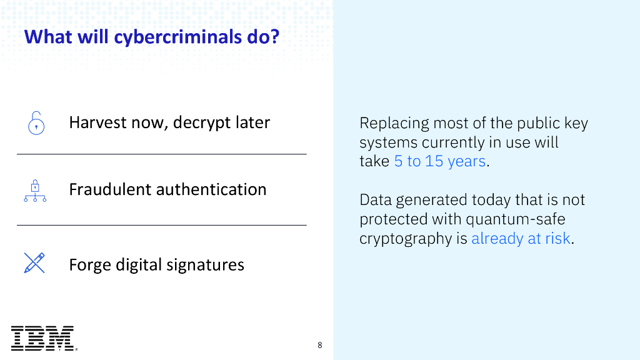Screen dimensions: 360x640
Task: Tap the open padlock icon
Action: coord(36,122)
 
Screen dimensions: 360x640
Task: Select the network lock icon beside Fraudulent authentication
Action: coord(35,190)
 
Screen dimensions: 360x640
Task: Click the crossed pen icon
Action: coord(34,263)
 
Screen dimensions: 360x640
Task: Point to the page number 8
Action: coord(320,345)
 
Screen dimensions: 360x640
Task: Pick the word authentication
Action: coord(216,189)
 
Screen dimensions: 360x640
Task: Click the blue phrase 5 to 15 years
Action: coord(439,161)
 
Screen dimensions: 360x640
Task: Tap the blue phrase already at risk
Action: coord(521,238)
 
